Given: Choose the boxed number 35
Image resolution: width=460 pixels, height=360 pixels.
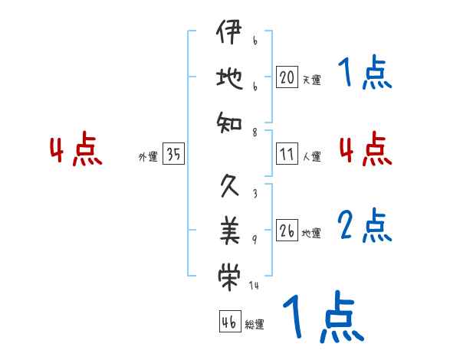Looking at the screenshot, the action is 173,155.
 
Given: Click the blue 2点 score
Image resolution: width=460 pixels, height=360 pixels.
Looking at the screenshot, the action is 365,225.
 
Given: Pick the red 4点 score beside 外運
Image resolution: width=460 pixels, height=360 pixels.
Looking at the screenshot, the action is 75,150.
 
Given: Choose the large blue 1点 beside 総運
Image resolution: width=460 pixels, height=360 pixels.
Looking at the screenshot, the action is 322,316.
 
